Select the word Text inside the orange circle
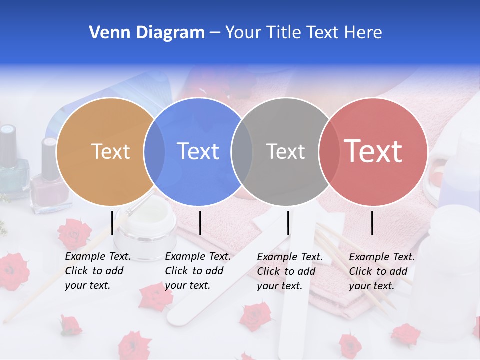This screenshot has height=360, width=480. (110, 151)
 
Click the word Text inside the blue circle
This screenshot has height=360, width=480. (198, 151)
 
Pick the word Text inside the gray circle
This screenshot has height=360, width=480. (285, 151)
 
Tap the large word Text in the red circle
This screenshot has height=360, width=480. (373, 151)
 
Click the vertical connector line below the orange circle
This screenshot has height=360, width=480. (112, 223)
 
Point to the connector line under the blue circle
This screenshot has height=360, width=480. (200, 223)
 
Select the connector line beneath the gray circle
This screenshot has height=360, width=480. (288, 223)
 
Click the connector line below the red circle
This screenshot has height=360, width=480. (372, 223)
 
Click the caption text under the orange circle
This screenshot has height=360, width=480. (97, 271)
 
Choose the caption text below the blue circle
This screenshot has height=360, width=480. (197, 271)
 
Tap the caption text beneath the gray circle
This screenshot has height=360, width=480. (289, 271)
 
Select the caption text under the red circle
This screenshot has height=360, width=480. (381, 271)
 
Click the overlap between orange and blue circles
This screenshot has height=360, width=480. (154, 151)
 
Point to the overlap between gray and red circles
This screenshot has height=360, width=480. (328, 151)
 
